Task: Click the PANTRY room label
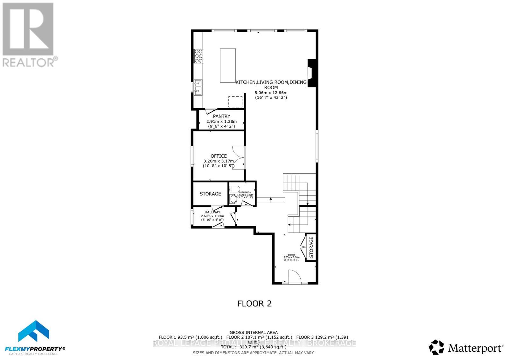tap(221, 116)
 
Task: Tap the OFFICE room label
tap(219, 156)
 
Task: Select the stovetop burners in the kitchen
tap(199, 56)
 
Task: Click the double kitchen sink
tap(198, 87)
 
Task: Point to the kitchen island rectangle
tap(228, 66)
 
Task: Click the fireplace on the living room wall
tap(312, 73)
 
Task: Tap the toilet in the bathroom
tap(234, 199)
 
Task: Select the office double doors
tap(239, 158)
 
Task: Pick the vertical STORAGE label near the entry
tap(311, 247)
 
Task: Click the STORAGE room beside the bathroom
tap(210, 194)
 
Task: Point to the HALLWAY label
tap(212, 212)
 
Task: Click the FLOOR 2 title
tap(254, 303)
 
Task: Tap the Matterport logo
tap(466, 348)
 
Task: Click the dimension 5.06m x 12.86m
tap(271, 93)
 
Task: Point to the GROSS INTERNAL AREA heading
tap(254, 332)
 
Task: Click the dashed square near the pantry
tap(235, 102)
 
